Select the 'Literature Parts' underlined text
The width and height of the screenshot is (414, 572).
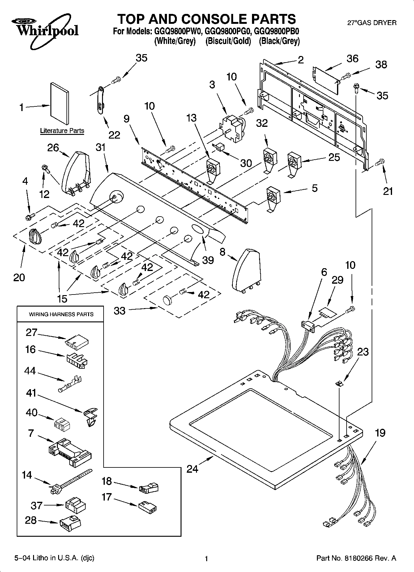62,131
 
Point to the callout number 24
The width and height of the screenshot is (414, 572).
192,469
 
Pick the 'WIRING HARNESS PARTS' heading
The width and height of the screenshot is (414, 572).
61,314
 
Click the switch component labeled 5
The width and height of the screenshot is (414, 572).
273,198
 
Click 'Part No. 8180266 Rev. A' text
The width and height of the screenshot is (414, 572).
356,558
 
